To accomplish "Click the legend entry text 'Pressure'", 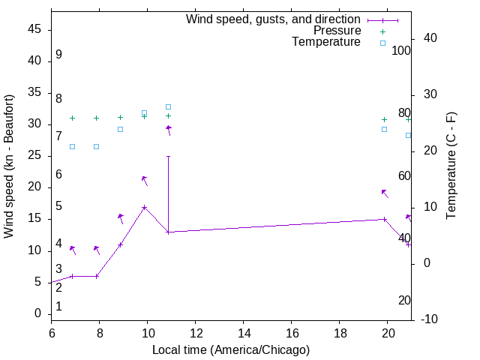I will [x=337, y=31].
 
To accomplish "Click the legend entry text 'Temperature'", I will [x=326, y=42].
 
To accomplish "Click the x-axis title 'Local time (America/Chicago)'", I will [x=231, y=349].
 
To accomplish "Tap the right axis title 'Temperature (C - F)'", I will [x=451, y=166].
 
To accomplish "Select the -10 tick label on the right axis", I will [x=430, y=319].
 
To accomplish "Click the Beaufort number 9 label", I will [x=58, y=55].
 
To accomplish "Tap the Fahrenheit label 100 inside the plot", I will [x=401, y=51].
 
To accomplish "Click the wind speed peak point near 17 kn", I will [x=144, y=208].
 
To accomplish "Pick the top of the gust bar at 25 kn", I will [x=168, y=157].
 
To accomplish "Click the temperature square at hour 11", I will [x=168, y=107].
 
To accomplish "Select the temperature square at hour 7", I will [x=72, y=146].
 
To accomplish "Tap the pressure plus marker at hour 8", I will [x=96, y=118].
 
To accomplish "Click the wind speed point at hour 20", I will [x=384, y=220].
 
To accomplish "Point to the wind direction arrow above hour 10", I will [x=145, y=180].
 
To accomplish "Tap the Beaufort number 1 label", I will [x=58, y=307].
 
